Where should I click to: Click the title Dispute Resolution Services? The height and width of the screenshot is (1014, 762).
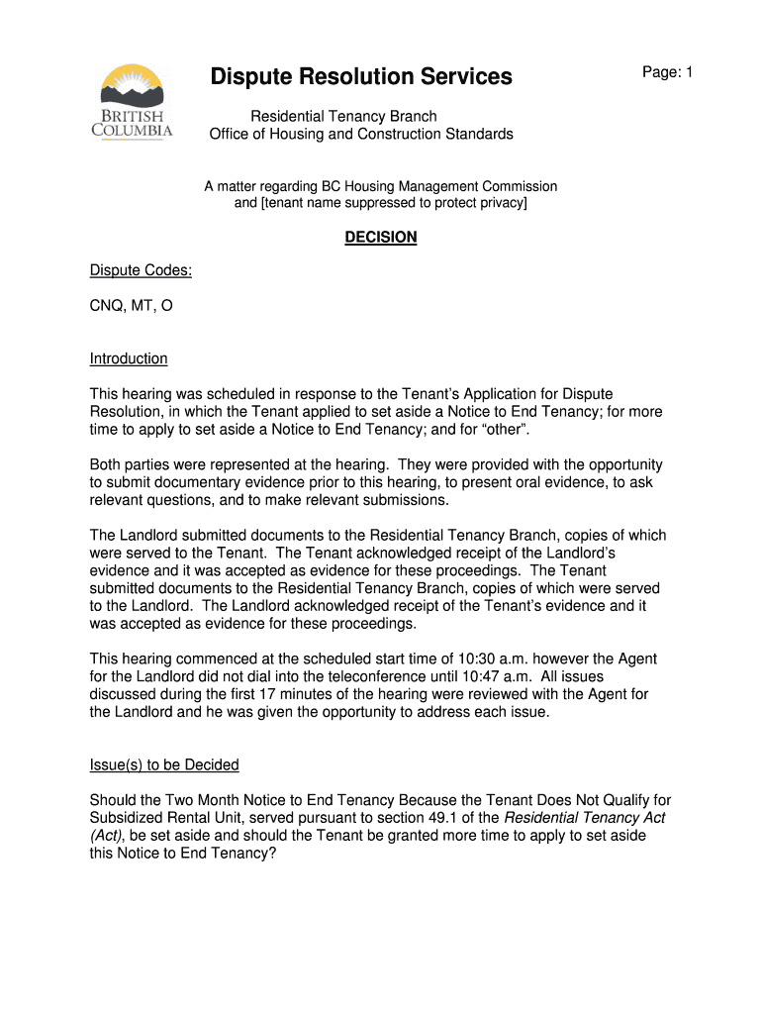(361, 76)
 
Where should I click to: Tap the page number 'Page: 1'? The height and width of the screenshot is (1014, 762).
(667, 72)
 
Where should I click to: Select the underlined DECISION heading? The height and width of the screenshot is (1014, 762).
(381, 238)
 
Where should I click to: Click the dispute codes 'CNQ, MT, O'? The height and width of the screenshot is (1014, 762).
(132, 306)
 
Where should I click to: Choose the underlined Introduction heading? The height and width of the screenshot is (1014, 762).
(129, 358)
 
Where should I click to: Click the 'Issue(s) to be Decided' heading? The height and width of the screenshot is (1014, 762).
(164, 765)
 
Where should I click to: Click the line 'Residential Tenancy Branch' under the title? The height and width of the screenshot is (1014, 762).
(342, 116)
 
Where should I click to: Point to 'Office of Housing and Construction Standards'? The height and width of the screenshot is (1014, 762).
(361, 134)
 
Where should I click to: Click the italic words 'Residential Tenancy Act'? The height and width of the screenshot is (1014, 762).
(585, 818)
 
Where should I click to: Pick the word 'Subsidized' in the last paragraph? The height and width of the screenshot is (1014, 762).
(129, 818)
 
